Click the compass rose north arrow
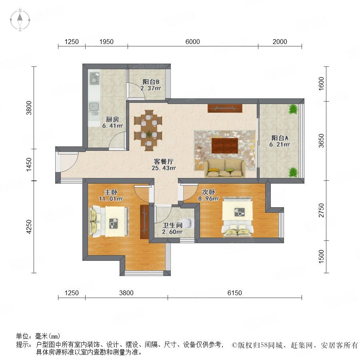pyautogui.click(x=20, y=18)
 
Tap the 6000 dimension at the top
pyautogui.click(x=192, y=42)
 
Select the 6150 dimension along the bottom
pyautogui.click(x=234, y=293)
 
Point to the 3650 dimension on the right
pyautogui.click(x=321, y=140)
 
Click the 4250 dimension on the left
pyautogui.click(x=29, y=227)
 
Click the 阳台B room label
pyautogui.click(x=151, y=82)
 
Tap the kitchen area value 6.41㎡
pyautogui.click(x=112, y=126)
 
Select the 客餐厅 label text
pyautogui.click(x=164, y=162)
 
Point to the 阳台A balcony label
pyautogui.click(x=280, y=138)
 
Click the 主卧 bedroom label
pyautogui.click(x=111, y=192)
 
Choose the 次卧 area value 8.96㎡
pyautogui.click(x=208, y=198)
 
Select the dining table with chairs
pyautogui.click(x=148, y=130)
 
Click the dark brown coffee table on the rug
pyautogui.click(x=224, y=146)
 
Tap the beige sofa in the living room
pyautogui.click(x=225, y=168)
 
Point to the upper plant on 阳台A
pyautogui.click(x=293, y=109)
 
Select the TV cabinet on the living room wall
pyautogui.click(x=225, y=108)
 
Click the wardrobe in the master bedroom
pyautogui.click(x=144, y=222)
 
